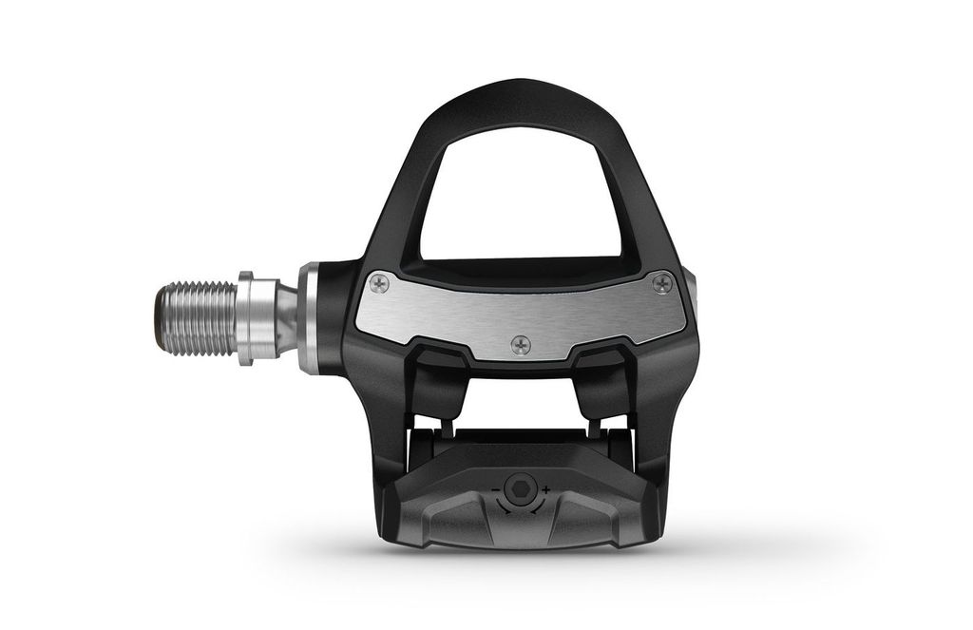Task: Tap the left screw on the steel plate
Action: click(x=378, y=282)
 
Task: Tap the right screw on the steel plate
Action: click(x=662, y=282)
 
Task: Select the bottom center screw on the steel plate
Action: click(x=520, y=344)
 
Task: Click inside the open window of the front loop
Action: click(x=520, y=190)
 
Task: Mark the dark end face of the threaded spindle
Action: click(x=158, y=317)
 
